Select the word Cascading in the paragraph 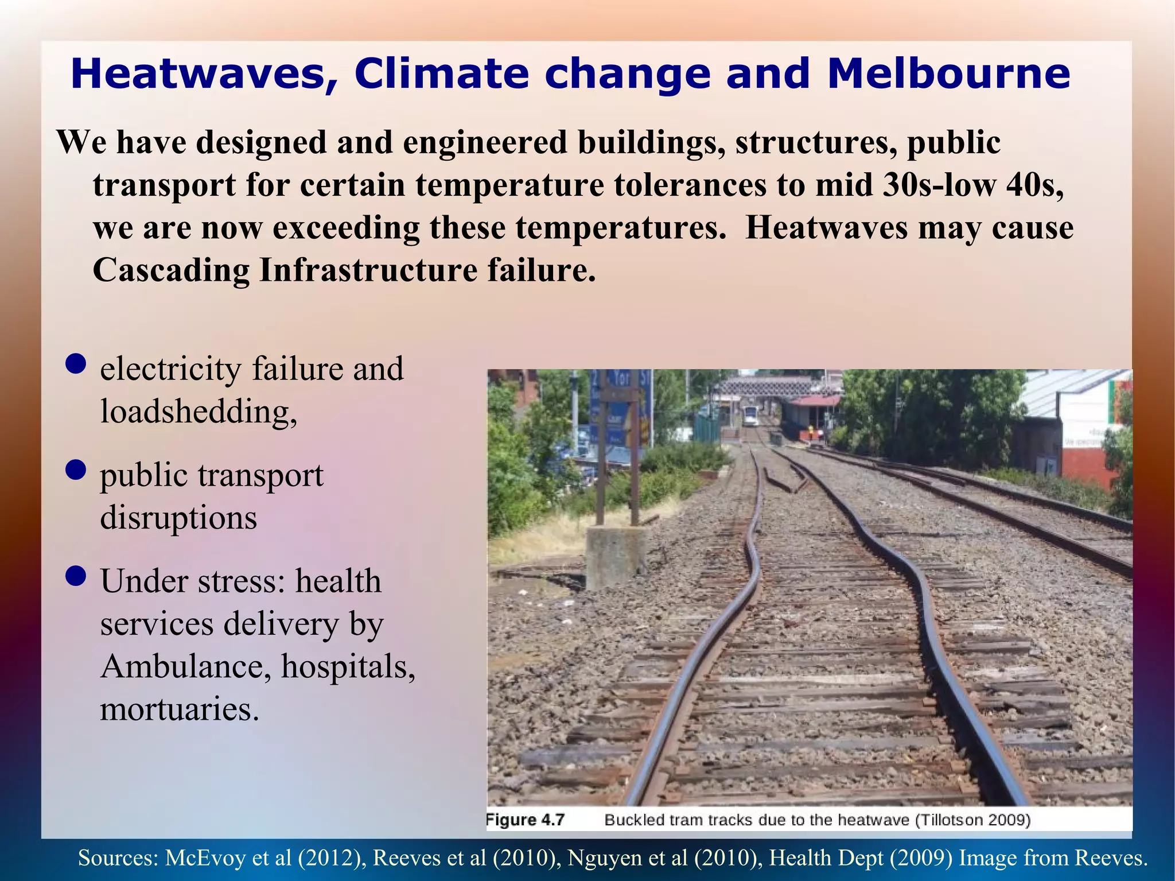pyautogui.click(x=171, y=270)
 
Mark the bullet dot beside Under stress pyautogui.click(x=76, y=576)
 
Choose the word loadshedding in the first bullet pyautogui.click(x=199, y=411)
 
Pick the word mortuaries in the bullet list pyautogui.click(x=179, y=709)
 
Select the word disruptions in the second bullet pyautogui.click(x=178, y=518)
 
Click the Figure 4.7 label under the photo pyautogui.click(x=526, y=820)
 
